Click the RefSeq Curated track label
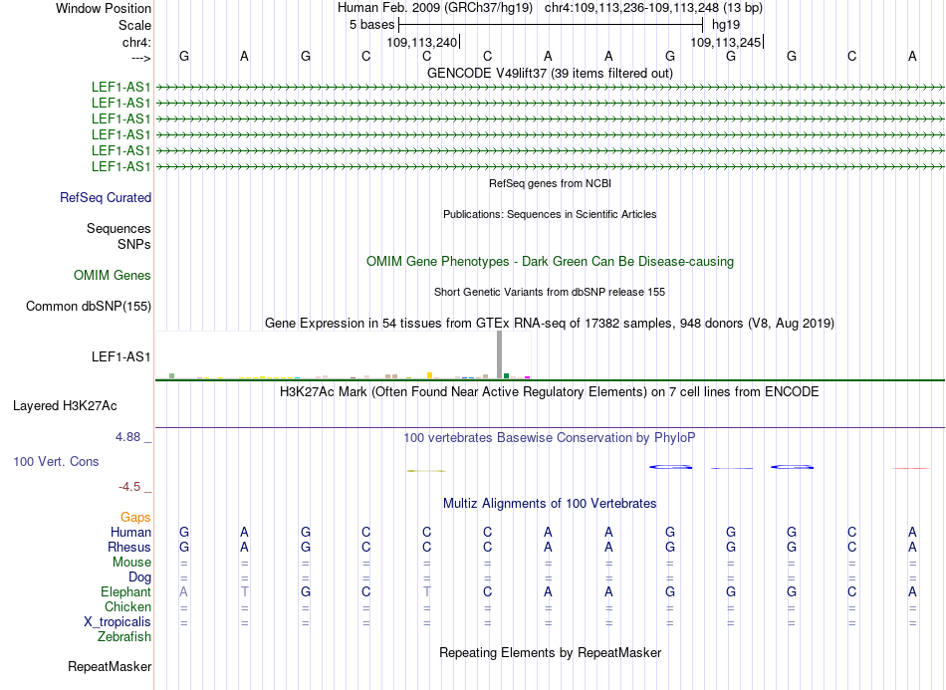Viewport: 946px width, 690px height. [x=106, y=197]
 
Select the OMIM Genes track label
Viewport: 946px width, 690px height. [x=113, y=276]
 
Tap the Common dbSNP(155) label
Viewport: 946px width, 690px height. [x=89, y=307]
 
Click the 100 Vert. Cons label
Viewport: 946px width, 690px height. [x=57, y=462]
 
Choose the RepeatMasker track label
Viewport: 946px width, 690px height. [x=110, y=667]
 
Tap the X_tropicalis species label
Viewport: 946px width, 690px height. [x=118, y=622]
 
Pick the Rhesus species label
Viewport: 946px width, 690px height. [x=129, y=548]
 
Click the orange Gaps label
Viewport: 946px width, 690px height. [x=135, y=518]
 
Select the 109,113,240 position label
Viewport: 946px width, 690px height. [x=422, y=43]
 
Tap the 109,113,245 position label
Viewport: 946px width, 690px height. [x=726, y=43]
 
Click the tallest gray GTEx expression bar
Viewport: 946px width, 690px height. [x=499, y=354]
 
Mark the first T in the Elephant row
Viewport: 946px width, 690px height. [x=244, y=592]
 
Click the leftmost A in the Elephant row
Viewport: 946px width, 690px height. [x=183, y=592]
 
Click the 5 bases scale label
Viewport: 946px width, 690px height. [x=370, y=24]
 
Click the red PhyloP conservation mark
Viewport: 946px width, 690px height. [x=910, y=468]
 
